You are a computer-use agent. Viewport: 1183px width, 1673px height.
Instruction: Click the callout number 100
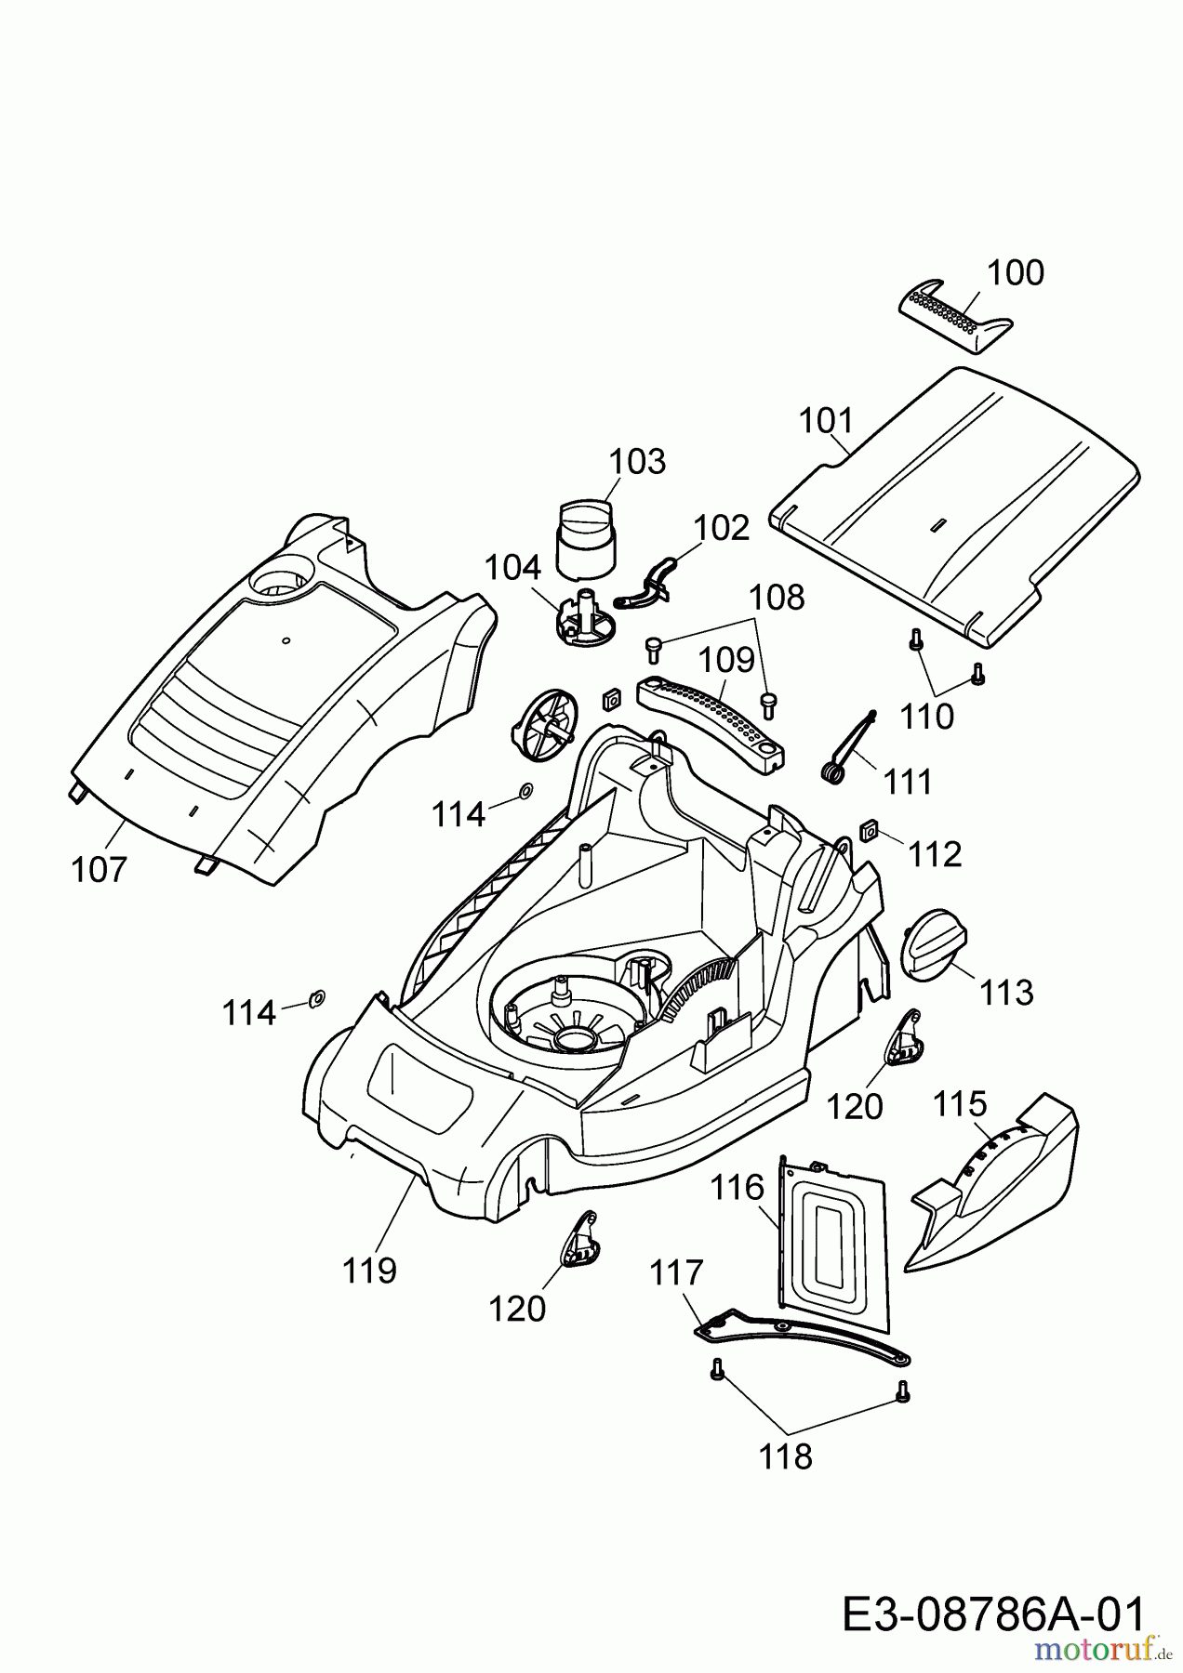(1015, 273)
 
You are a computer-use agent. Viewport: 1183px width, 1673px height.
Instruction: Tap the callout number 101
(827, 421)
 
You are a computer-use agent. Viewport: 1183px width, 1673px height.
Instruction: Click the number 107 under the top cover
(99, 870)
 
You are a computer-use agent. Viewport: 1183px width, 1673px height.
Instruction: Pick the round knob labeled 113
(934, 942)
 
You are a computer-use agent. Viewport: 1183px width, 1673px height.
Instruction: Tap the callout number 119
(369, 1270)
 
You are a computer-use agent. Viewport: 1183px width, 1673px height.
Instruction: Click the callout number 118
(786, 1456)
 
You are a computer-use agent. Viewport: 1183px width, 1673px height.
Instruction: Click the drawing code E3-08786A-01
(992, 1614)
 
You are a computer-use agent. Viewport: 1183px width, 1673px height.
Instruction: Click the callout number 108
(777, 598)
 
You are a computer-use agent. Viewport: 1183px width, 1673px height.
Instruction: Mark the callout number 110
(927, 716)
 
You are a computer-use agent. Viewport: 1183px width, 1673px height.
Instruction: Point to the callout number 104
(512, 567)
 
